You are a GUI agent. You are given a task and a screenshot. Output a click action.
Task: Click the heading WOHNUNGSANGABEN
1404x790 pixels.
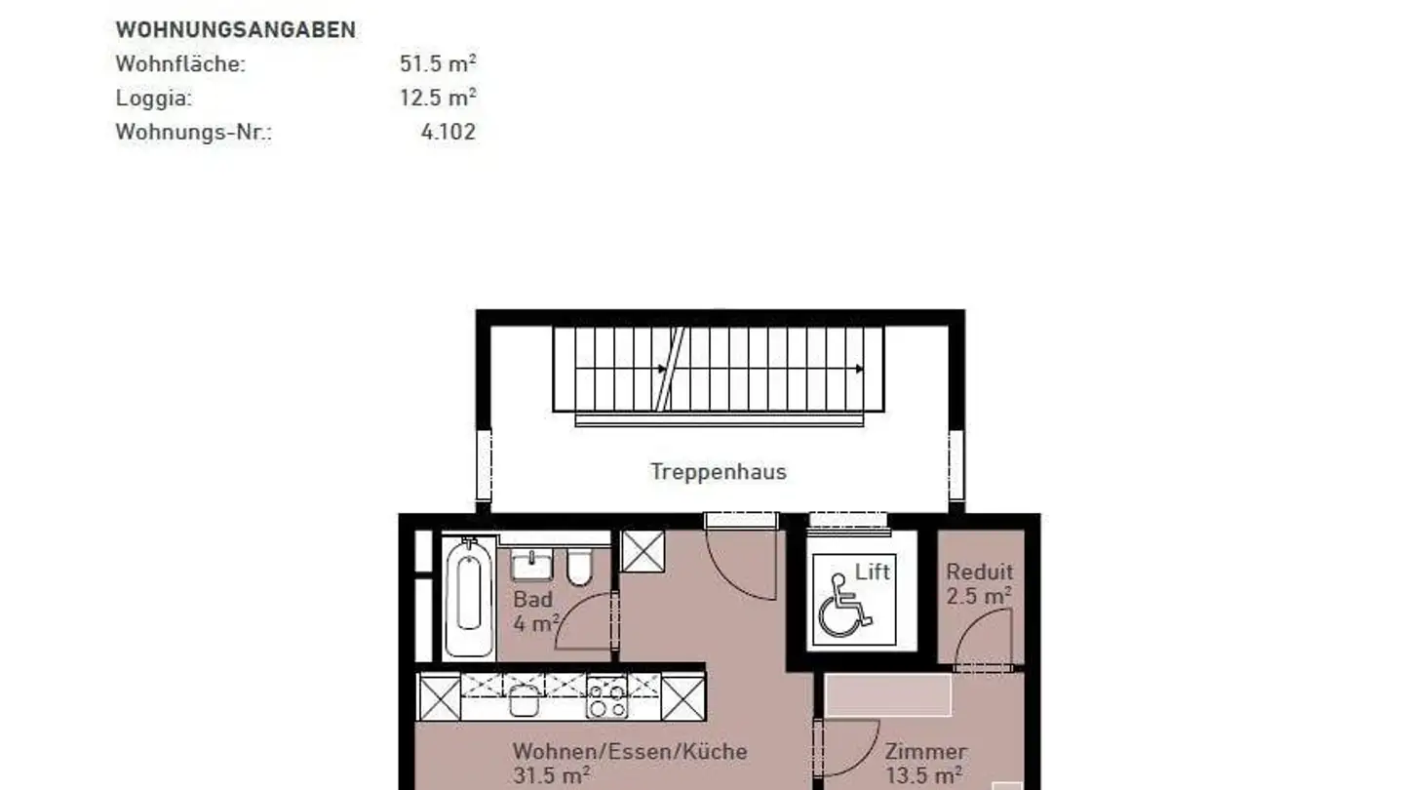click(235, 30)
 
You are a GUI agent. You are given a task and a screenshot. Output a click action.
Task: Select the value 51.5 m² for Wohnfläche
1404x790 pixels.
click(438, 64)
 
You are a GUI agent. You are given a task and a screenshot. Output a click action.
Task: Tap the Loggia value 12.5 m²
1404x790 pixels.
click(438, 99)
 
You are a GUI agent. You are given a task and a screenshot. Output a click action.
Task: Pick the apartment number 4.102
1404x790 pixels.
click(448, 133)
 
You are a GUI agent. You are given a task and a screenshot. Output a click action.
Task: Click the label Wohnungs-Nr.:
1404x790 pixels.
click(193, 133)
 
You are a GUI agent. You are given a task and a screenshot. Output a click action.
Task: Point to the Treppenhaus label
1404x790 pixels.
click(719, 472)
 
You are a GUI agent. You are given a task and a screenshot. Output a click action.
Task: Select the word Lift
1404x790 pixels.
click(873, 572)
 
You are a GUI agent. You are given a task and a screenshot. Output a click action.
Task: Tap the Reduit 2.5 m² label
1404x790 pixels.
click(979, 583)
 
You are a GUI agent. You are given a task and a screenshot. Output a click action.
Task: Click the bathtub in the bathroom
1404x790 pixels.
click(469, 597)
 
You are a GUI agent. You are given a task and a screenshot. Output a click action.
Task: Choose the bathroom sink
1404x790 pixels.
click(531, 565)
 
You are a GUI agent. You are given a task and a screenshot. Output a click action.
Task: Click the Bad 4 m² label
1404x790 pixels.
click(535, 611)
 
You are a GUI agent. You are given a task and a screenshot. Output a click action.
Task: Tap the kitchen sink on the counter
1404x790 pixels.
click(524, 698)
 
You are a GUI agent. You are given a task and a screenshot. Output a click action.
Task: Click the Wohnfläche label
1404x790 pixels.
click(180, 64)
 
